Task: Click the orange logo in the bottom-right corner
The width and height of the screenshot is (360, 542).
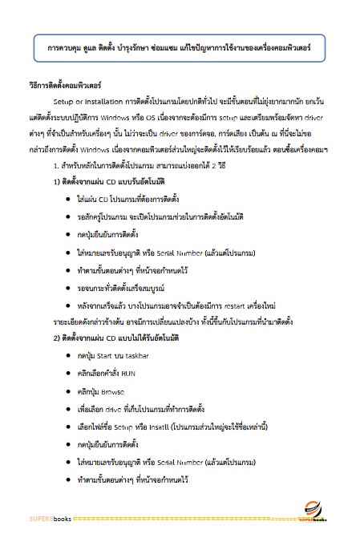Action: [x=315, y=510]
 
